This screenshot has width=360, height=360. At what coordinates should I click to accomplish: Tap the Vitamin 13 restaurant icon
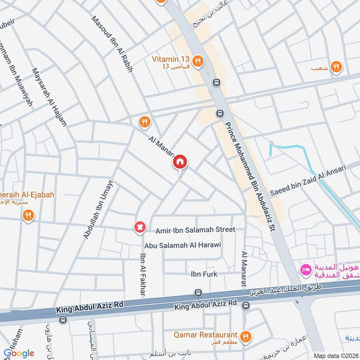click(197, 61)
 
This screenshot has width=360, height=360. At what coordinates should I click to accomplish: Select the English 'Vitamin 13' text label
click(171, 58)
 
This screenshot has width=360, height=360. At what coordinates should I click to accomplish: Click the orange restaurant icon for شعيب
click(335, 67)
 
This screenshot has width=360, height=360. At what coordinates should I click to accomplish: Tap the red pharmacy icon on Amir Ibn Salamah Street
click(139, 228)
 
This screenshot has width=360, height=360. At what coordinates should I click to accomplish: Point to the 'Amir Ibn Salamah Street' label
click(195, 229)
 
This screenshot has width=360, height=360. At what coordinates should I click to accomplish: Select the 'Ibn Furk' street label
click(204, 274)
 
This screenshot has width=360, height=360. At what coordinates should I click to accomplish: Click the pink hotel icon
click(306, 270)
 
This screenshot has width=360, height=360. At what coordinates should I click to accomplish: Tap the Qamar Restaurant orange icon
click(245, 336)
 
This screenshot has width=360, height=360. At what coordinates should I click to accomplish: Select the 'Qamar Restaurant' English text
click(207, 334)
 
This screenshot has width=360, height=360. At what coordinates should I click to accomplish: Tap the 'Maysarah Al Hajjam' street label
click(49, 97)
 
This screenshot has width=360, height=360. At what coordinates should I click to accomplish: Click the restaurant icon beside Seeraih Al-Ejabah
click(28, 216)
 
